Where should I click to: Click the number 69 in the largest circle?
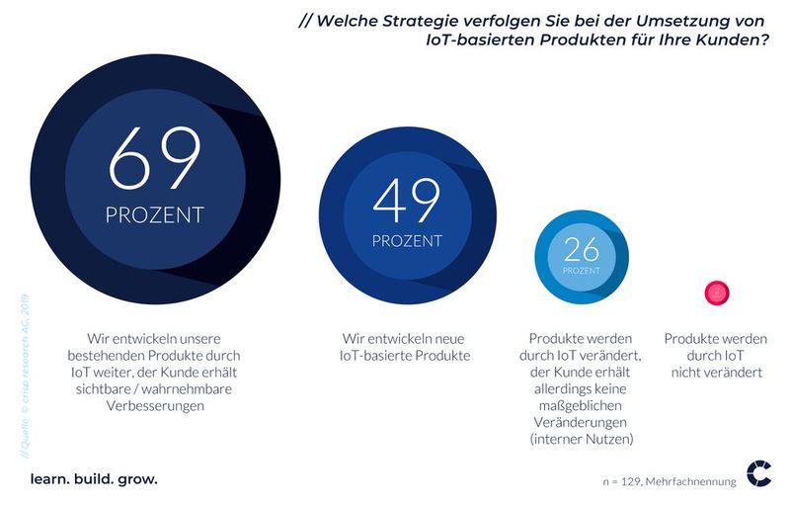[155, 158]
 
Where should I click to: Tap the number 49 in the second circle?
[405, 203]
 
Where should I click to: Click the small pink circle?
[717, 293]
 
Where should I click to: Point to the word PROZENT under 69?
[155, 213]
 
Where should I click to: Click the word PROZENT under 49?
[405, 241]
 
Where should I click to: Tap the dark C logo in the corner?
[758, 473]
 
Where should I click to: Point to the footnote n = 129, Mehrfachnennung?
[670, 482]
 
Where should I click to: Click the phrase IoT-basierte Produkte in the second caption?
[405, 355]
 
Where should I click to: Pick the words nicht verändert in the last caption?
[717, 372]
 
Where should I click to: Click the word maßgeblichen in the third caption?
[582, 405]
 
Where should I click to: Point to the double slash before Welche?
[306, 17]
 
